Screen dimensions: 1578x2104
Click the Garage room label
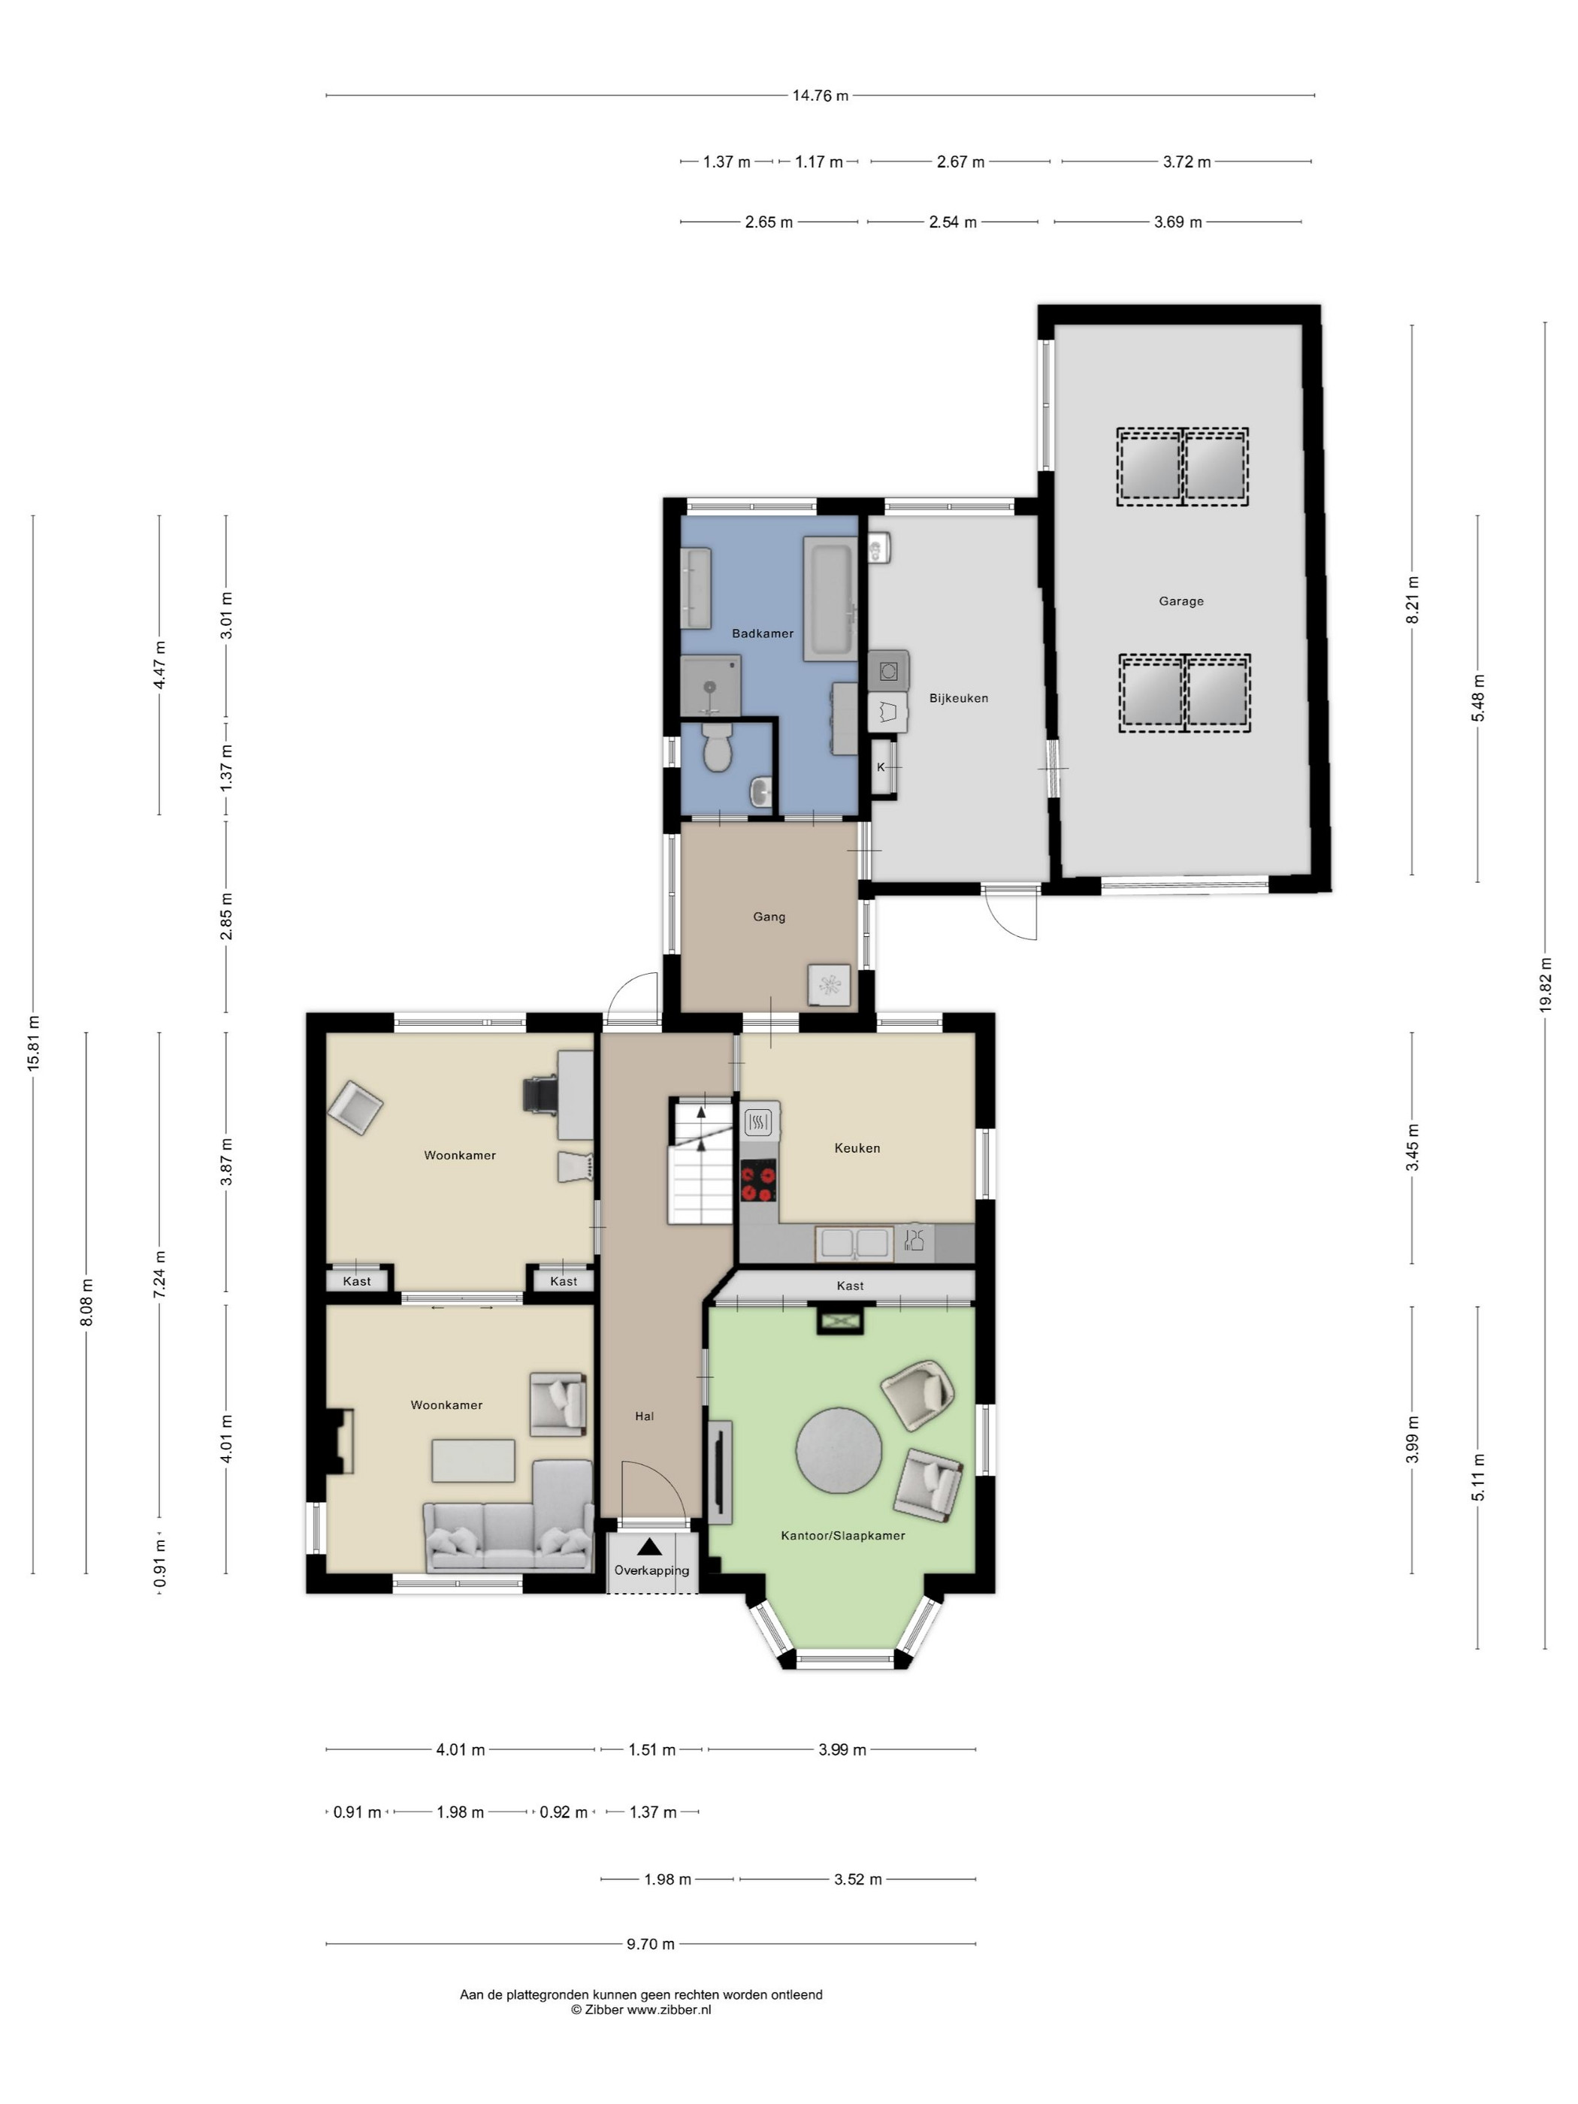tap(1180, 601)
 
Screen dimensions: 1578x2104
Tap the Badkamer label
tap(762, 633)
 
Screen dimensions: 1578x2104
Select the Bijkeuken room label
tap(959, 698)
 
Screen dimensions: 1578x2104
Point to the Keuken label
tap(857, 1148)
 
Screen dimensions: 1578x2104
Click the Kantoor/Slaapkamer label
tap(843, 1535)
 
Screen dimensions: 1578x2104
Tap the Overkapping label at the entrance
tap(651, 1570)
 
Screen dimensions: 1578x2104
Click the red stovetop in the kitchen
tap(759, 1183)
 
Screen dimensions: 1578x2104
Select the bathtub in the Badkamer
tap(830, 598)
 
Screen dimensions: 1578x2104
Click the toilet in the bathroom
tap(715, 748)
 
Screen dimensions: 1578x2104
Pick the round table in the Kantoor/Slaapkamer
tap(838, 1450)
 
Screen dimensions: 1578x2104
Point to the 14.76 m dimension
tap(820, 95)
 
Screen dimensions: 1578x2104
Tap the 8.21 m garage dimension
tap(1413, 600)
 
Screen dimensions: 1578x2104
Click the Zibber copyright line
tap(641, 2010)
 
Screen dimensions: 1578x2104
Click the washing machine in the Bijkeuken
tap(888, 670)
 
